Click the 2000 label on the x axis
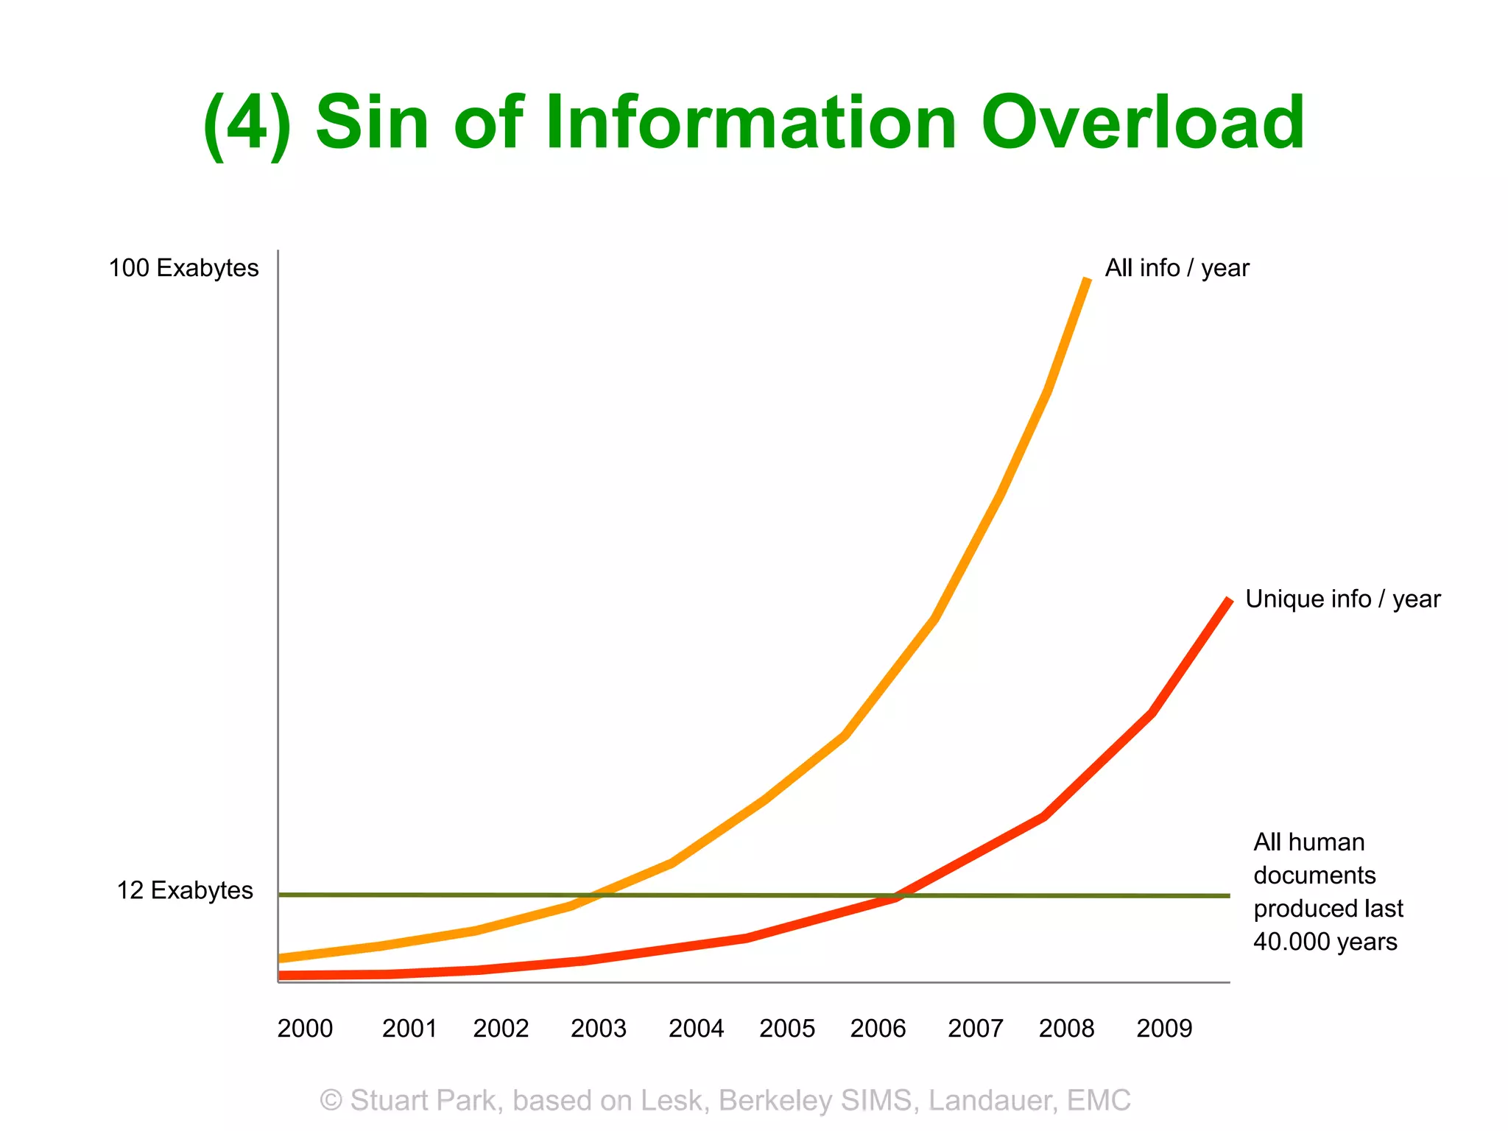pos(305,1028)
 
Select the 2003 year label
pos(598,1028)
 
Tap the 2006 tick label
pos(878,1028)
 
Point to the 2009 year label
pos(1163,1028)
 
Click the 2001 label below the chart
pos(409,1028)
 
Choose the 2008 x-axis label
pos(1066,1028)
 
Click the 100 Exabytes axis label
pos(183,267)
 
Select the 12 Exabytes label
pos(185,890)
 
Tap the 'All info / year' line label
pos(1177,268)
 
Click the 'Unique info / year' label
pos(1342,599)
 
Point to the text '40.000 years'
pos(1325,941)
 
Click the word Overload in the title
pos(1142,122)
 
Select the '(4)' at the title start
pos(247,124)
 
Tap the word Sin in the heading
pos(372,122)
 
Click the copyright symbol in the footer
pos(331,1100)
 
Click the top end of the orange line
pos(1087,280)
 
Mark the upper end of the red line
pos(1229,600)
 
